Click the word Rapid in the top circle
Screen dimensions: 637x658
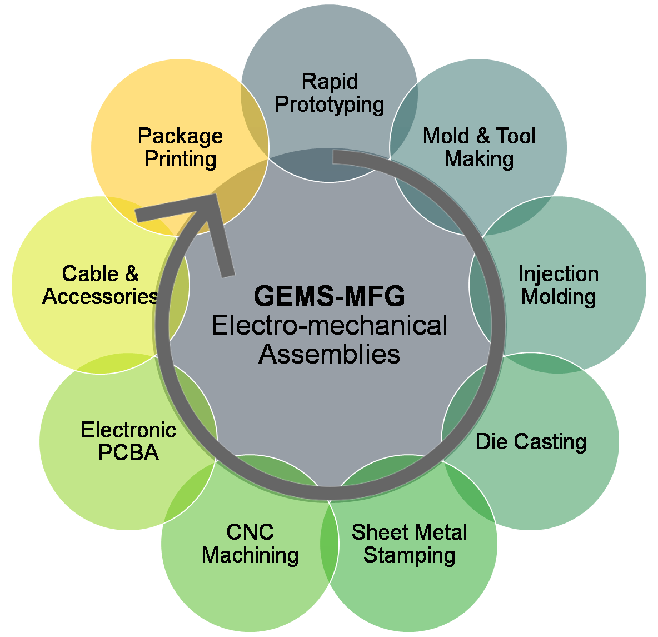click(330, 82)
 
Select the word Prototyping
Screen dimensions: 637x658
click(330, 104)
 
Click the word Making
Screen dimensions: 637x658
click(479, 159)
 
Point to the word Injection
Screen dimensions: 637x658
click(559, 274)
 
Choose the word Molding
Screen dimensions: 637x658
click(559, 296)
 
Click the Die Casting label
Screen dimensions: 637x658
click(531, 442)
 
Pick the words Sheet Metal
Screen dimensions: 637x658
click(409, 533)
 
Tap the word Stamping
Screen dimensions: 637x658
click(409, 555)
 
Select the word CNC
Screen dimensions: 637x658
click(250, 533)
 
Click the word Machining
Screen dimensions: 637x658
click(250, 555)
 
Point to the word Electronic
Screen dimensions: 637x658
click(128, 430)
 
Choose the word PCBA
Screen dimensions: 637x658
click(128, 453)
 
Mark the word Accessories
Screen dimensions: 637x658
click(100, 296)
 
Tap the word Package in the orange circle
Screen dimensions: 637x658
click(180, 136)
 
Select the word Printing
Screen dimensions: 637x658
click(180, 159)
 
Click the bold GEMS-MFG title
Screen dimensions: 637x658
click(329, 296)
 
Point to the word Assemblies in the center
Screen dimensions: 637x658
click(329, 354)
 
